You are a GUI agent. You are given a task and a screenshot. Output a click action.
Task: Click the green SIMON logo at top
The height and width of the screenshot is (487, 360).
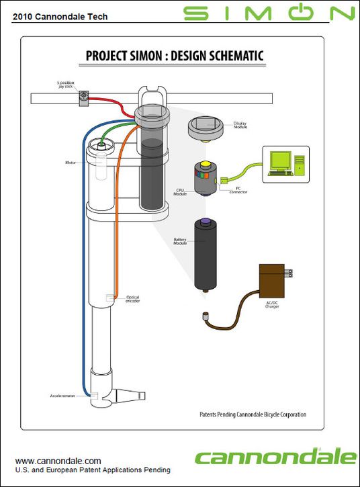pyautogui.click(x=269, y=13)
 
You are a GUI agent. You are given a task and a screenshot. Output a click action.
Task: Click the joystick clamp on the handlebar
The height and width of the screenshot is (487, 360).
pyautogui.click(x=84, y=98)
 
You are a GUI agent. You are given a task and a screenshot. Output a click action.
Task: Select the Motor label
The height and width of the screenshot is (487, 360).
pyautogui.click(x=70, y=163)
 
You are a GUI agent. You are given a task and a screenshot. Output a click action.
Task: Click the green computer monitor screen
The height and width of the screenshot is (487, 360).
pyautogui.click(x=281, y=160)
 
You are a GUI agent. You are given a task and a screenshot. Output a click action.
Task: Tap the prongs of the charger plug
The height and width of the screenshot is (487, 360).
pyautogui.click(x=290, y=274)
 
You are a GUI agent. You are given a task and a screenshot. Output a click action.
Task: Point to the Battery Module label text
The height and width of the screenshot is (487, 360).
pyautogui.click(x=179, y=242)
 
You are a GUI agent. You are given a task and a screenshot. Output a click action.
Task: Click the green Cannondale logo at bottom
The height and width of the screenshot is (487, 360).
pyautogui.click(x=275, y=457)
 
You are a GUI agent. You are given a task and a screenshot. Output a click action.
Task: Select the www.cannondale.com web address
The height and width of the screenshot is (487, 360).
pyautogui.click(x=58, y=461)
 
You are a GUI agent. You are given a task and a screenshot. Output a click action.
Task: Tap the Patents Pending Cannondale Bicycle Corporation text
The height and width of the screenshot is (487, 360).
pyautogui.click(x=253, y=414)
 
